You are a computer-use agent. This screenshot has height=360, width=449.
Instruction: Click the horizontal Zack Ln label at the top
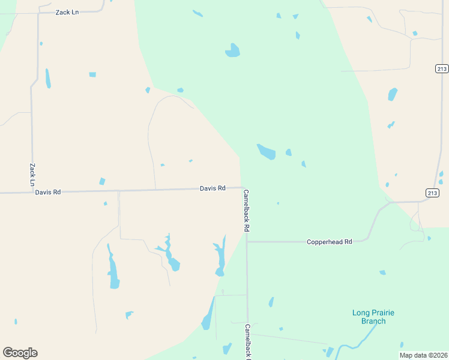pyautogui.click(x=67, y=12)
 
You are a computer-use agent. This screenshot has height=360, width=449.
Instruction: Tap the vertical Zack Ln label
pyautogui.click(x=32, y=174)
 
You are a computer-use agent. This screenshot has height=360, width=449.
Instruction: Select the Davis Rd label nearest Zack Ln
pyautogui.click(x=48, y=193)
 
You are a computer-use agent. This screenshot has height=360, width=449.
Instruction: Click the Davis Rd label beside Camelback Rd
pyautogui.click(x=212, y=188)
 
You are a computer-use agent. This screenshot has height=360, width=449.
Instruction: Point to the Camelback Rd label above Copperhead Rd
pyautogui.click(x=246, y=211)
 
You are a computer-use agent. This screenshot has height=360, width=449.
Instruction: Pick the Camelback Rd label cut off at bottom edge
pyautogui.click(x=247, y=341)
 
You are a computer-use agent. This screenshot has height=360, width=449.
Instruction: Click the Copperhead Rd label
pyautogui.click(x=329, y=242)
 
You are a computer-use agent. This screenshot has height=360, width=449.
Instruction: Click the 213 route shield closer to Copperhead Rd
pyautogui.click(x=432, y=193)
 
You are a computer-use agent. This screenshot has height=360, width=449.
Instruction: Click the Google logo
pyautogui.click(x=20, y=353)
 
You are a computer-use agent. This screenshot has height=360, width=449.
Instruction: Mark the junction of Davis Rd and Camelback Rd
pyautogui.click(x=242, y=188)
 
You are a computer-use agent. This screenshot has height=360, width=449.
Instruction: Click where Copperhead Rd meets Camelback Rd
pyautogui.click(x=247, y=242)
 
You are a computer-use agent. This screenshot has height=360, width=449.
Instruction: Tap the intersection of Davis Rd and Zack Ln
pyautogui.click(x=31, y=193)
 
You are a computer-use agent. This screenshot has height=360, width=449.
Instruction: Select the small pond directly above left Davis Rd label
pyautogui.click(x=102, y=181)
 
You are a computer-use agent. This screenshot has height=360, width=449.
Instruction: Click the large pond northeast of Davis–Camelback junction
pyautogui.click(x=266, y=151)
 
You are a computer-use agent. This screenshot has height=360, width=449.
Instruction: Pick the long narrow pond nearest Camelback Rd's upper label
pyautogui.click(x=221, y=257)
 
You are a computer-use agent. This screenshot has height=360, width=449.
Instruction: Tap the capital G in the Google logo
pyautogui.click(x=8, y=353)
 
